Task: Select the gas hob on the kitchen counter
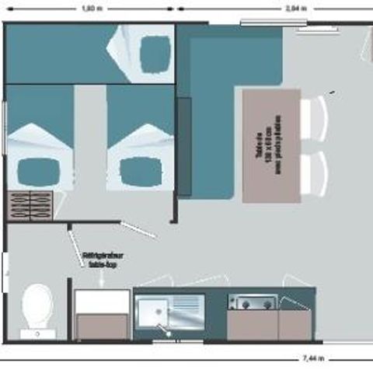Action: tap(252, 303)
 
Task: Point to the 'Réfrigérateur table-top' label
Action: tap(102, 259)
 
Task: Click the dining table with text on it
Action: tap(271, 145)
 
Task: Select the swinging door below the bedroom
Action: tap(138, 229)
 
